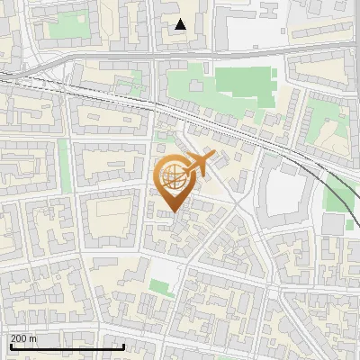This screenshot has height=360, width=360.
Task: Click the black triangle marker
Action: (x=181, y=24)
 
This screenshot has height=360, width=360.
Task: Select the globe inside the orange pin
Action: (x=173, y=177)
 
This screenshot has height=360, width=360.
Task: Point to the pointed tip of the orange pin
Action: (x=173, y=211)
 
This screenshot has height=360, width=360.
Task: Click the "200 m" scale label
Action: (x=23, y=338)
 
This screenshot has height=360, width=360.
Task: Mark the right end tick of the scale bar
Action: (x=123, y=346)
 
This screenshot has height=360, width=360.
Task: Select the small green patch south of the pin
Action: (x=162, y=288)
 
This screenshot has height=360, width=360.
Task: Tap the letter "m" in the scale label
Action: (x=32, y=339)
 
